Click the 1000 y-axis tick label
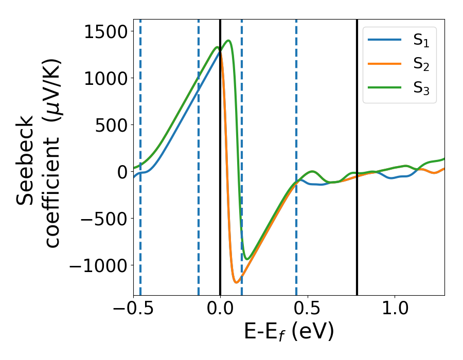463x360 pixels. pyautogui.click(x=104, y=79)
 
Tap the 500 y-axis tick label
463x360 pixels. pyautogui.click(x=110, y=125)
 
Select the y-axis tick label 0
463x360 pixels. pyautogui.click(x=122, y=172)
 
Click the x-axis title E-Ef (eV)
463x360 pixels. pyautogui.click(x=289, y=332)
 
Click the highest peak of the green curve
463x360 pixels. pyautogui.click(x=228, y=41)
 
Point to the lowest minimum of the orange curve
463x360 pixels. pyautogui.click(x=236, y=282)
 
